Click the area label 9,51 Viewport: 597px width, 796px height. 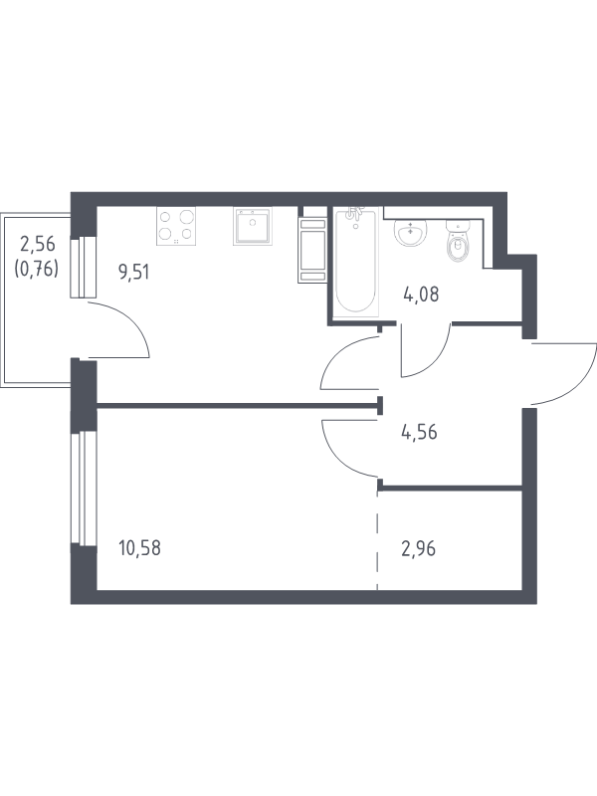coord(133,273)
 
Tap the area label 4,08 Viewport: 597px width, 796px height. coord(421,294)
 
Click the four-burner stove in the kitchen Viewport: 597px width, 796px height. coord(176,226)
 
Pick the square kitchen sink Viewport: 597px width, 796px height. coord(253,226)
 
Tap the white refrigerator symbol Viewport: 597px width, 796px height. coord(312,250)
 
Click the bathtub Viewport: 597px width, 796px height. coord(355,262)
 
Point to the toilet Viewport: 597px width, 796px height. coord(458,243)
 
